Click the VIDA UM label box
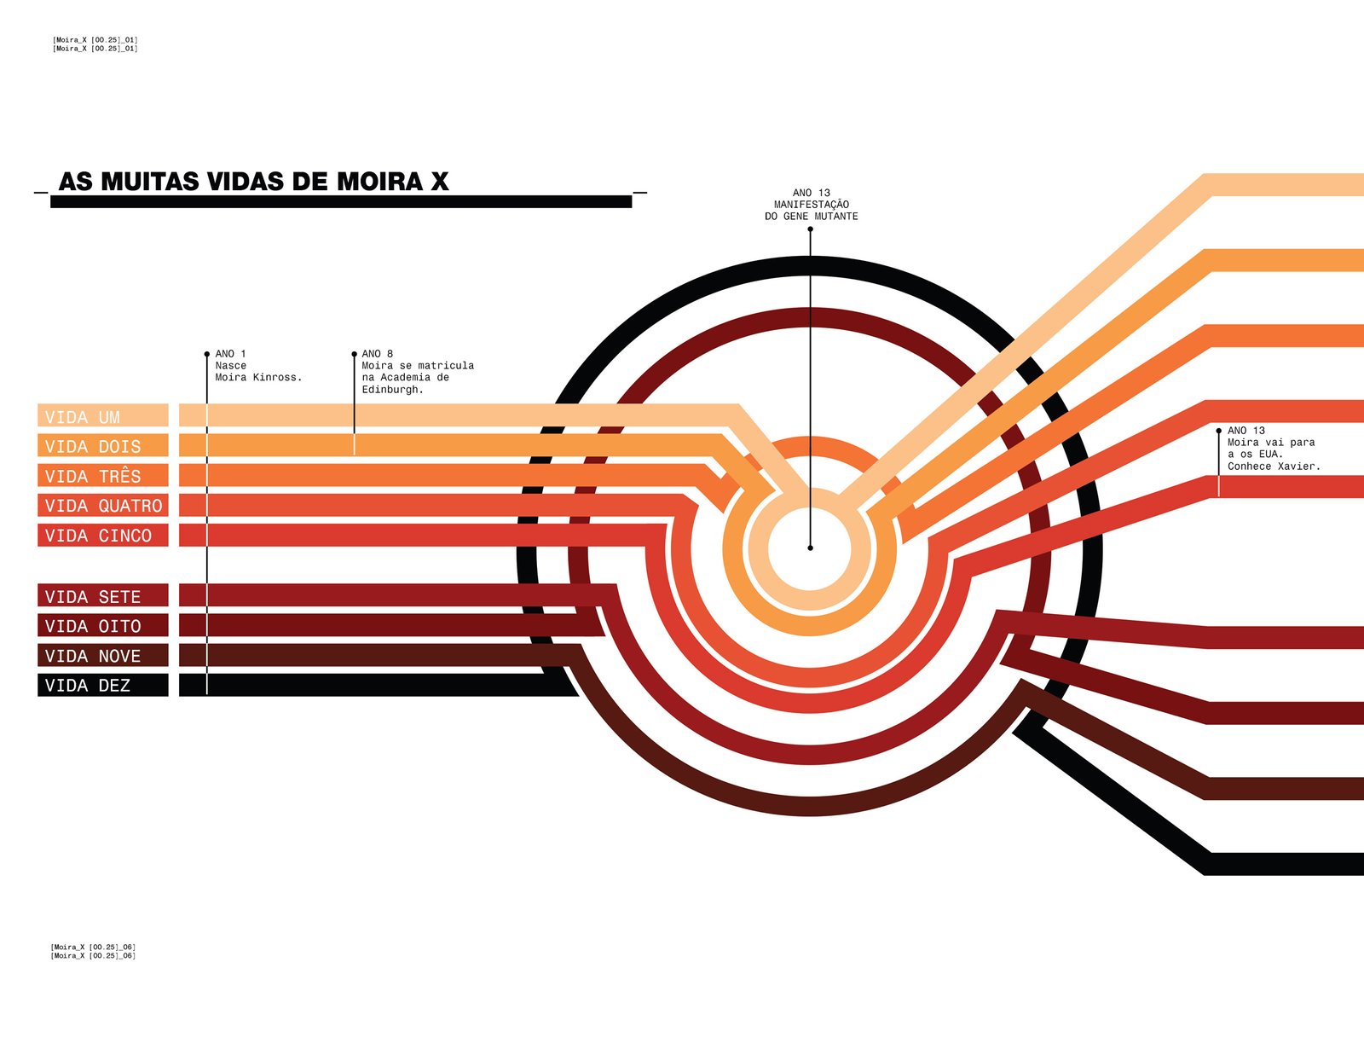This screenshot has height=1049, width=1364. (102, 416)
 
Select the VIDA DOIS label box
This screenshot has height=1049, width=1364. (102, 446)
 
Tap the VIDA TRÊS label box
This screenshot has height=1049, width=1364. (102, 476)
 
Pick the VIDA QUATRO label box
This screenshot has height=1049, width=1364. (102, 506)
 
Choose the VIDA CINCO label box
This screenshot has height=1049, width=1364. (102, 536)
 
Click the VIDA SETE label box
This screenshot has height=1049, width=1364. (102, 596)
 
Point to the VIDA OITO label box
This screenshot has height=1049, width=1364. (102, 626)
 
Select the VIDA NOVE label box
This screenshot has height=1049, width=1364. (102, 656)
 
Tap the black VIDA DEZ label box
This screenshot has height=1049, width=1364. (102, 686)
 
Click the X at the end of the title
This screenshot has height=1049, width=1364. (440, 182)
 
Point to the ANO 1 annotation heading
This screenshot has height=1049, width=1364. (230, 354)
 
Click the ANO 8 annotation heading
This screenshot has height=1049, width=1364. (377, 354)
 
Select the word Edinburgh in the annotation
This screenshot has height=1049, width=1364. (392, 390)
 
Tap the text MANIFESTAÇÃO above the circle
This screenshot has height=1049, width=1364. (811, 205)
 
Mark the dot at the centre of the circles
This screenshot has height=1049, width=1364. (810, 548)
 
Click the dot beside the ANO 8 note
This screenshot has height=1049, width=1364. (354, 354)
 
